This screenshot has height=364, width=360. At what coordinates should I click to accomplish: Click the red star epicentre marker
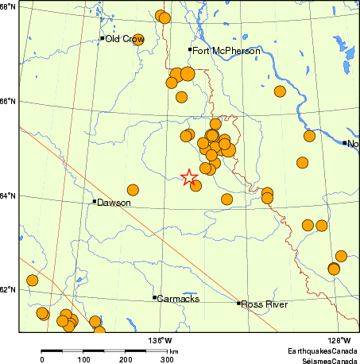tap(189, 177)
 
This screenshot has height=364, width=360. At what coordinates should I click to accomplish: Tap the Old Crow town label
tap(123, 38)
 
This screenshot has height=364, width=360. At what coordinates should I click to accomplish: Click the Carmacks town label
tap(178, 299)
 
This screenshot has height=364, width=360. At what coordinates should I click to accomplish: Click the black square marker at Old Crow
tap(103, 38)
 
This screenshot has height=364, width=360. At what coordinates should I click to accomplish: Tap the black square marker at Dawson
tap(95, 201)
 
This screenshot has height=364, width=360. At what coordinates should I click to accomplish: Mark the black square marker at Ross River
tap(238, 303)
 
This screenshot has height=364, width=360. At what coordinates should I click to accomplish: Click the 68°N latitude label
tap(9, 7)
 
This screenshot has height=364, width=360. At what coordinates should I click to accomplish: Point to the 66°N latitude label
tap(9, 102)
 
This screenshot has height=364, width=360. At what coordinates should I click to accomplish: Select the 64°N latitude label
tap(9, 196)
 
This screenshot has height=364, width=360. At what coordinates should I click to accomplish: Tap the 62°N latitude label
tap(9, 289)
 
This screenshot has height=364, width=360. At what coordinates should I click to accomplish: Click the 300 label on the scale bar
tap(168, 359)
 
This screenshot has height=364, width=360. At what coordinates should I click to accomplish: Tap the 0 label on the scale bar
tap(42, 359)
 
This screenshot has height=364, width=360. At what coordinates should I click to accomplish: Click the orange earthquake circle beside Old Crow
tap(137, 40)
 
